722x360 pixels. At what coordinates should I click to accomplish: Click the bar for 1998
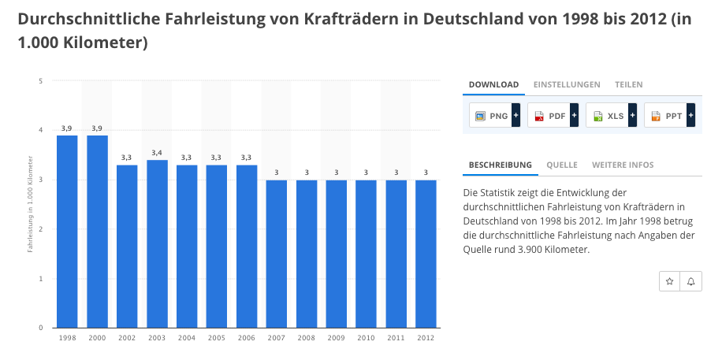click(67, 232)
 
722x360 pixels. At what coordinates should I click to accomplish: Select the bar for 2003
click(157, 243)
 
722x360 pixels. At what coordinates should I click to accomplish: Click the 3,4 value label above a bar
click(157, 153)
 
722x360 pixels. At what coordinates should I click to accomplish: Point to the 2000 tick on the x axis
click(97, 337)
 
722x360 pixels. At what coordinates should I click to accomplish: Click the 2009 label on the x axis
click(336, 337)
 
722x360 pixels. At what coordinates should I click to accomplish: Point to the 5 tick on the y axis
click(39, 80)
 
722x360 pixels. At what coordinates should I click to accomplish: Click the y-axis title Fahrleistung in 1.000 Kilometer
click(31, 203)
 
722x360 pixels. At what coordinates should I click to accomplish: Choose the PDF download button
click(553, 116)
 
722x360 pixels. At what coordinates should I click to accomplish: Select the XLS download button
click(611, 116)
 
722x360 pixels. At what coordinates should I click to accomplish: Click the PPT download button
click(669, 116)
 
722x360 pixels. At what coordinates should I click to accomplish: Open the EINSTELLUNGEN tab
click(567, 84)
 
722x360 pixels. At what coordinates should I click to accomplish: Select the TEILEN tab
click(629, 84)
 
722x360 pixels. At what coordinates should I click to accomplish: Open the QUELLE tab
click(562, 165)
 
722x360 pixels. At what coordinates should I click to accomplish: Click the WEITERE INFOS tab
click(623, 165)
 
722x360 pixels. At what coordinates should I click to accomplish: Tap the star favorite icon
click(669, 281)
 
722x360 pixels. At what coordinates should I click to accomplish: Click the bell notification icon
click(691, 281)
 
